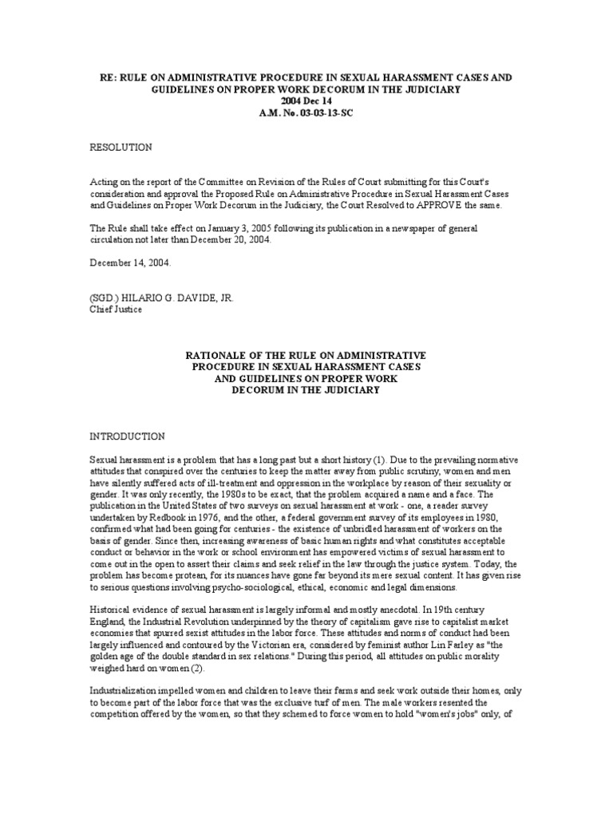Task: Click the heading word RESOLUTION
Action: coord(121,148)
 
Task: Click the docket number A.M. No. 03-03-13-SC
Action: coord(306,115)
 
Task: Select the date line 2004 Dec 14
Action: coord(306,102)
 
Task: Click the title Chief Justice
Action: coord(116,309)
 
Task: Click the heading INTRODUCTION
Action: coord(128,436)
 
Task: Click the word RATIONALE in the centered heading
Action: coord(220,354)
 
